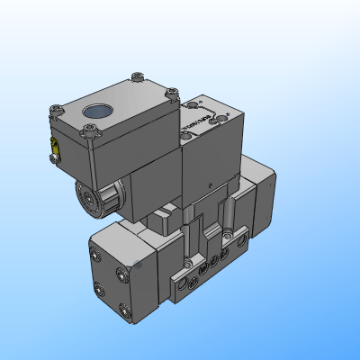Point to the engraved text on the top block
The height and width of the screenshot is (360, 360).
(x=191, y=121)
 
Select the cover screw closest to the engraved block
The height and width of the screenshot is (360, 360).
(x=173, y=91)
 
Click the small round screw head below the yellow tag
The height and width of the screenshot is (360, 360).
(x=54, y=160)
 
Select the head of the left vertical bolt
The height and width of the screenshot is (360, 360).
(x=187, y=262)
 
